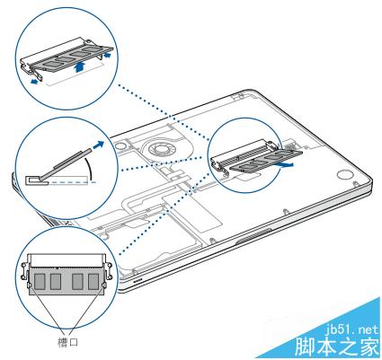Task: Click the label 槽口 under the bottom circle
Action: pyautogui.click(x=67, y=342)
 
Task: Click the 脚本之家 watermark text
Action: pyautogui.click(x=337, y=347)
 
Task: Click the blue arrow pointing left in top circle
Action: pyautogui.click(x=35, y=81)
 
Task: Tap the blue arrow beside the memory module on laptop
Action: pyautogui.click(x=285, y=164)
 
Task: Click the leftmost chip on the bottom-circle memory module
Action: pyautogui.click(x=40, y=282)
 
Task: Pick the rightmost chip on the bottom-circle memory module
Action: pyautogui.click(x=93, y=282)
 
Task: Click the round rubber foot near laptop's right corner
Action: pyautogui.click(x=345, y=174)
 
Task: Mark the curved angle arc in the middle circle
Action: pyautogui.click(x=90, y=170)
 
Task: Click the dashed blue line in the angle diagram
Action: pyautogui.click(x=72, y=182)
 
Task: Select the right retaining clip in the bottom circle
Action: pyautogui.click(x=107, y=274)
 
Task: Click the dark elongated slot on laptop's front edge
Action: pyautogui.click(x=253, y=235)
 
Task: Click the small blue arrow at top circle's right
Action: pyautogui.click(x=106, y=55)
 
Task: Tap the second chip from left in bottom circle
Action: pyautogui.click(x=56, y=282)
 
